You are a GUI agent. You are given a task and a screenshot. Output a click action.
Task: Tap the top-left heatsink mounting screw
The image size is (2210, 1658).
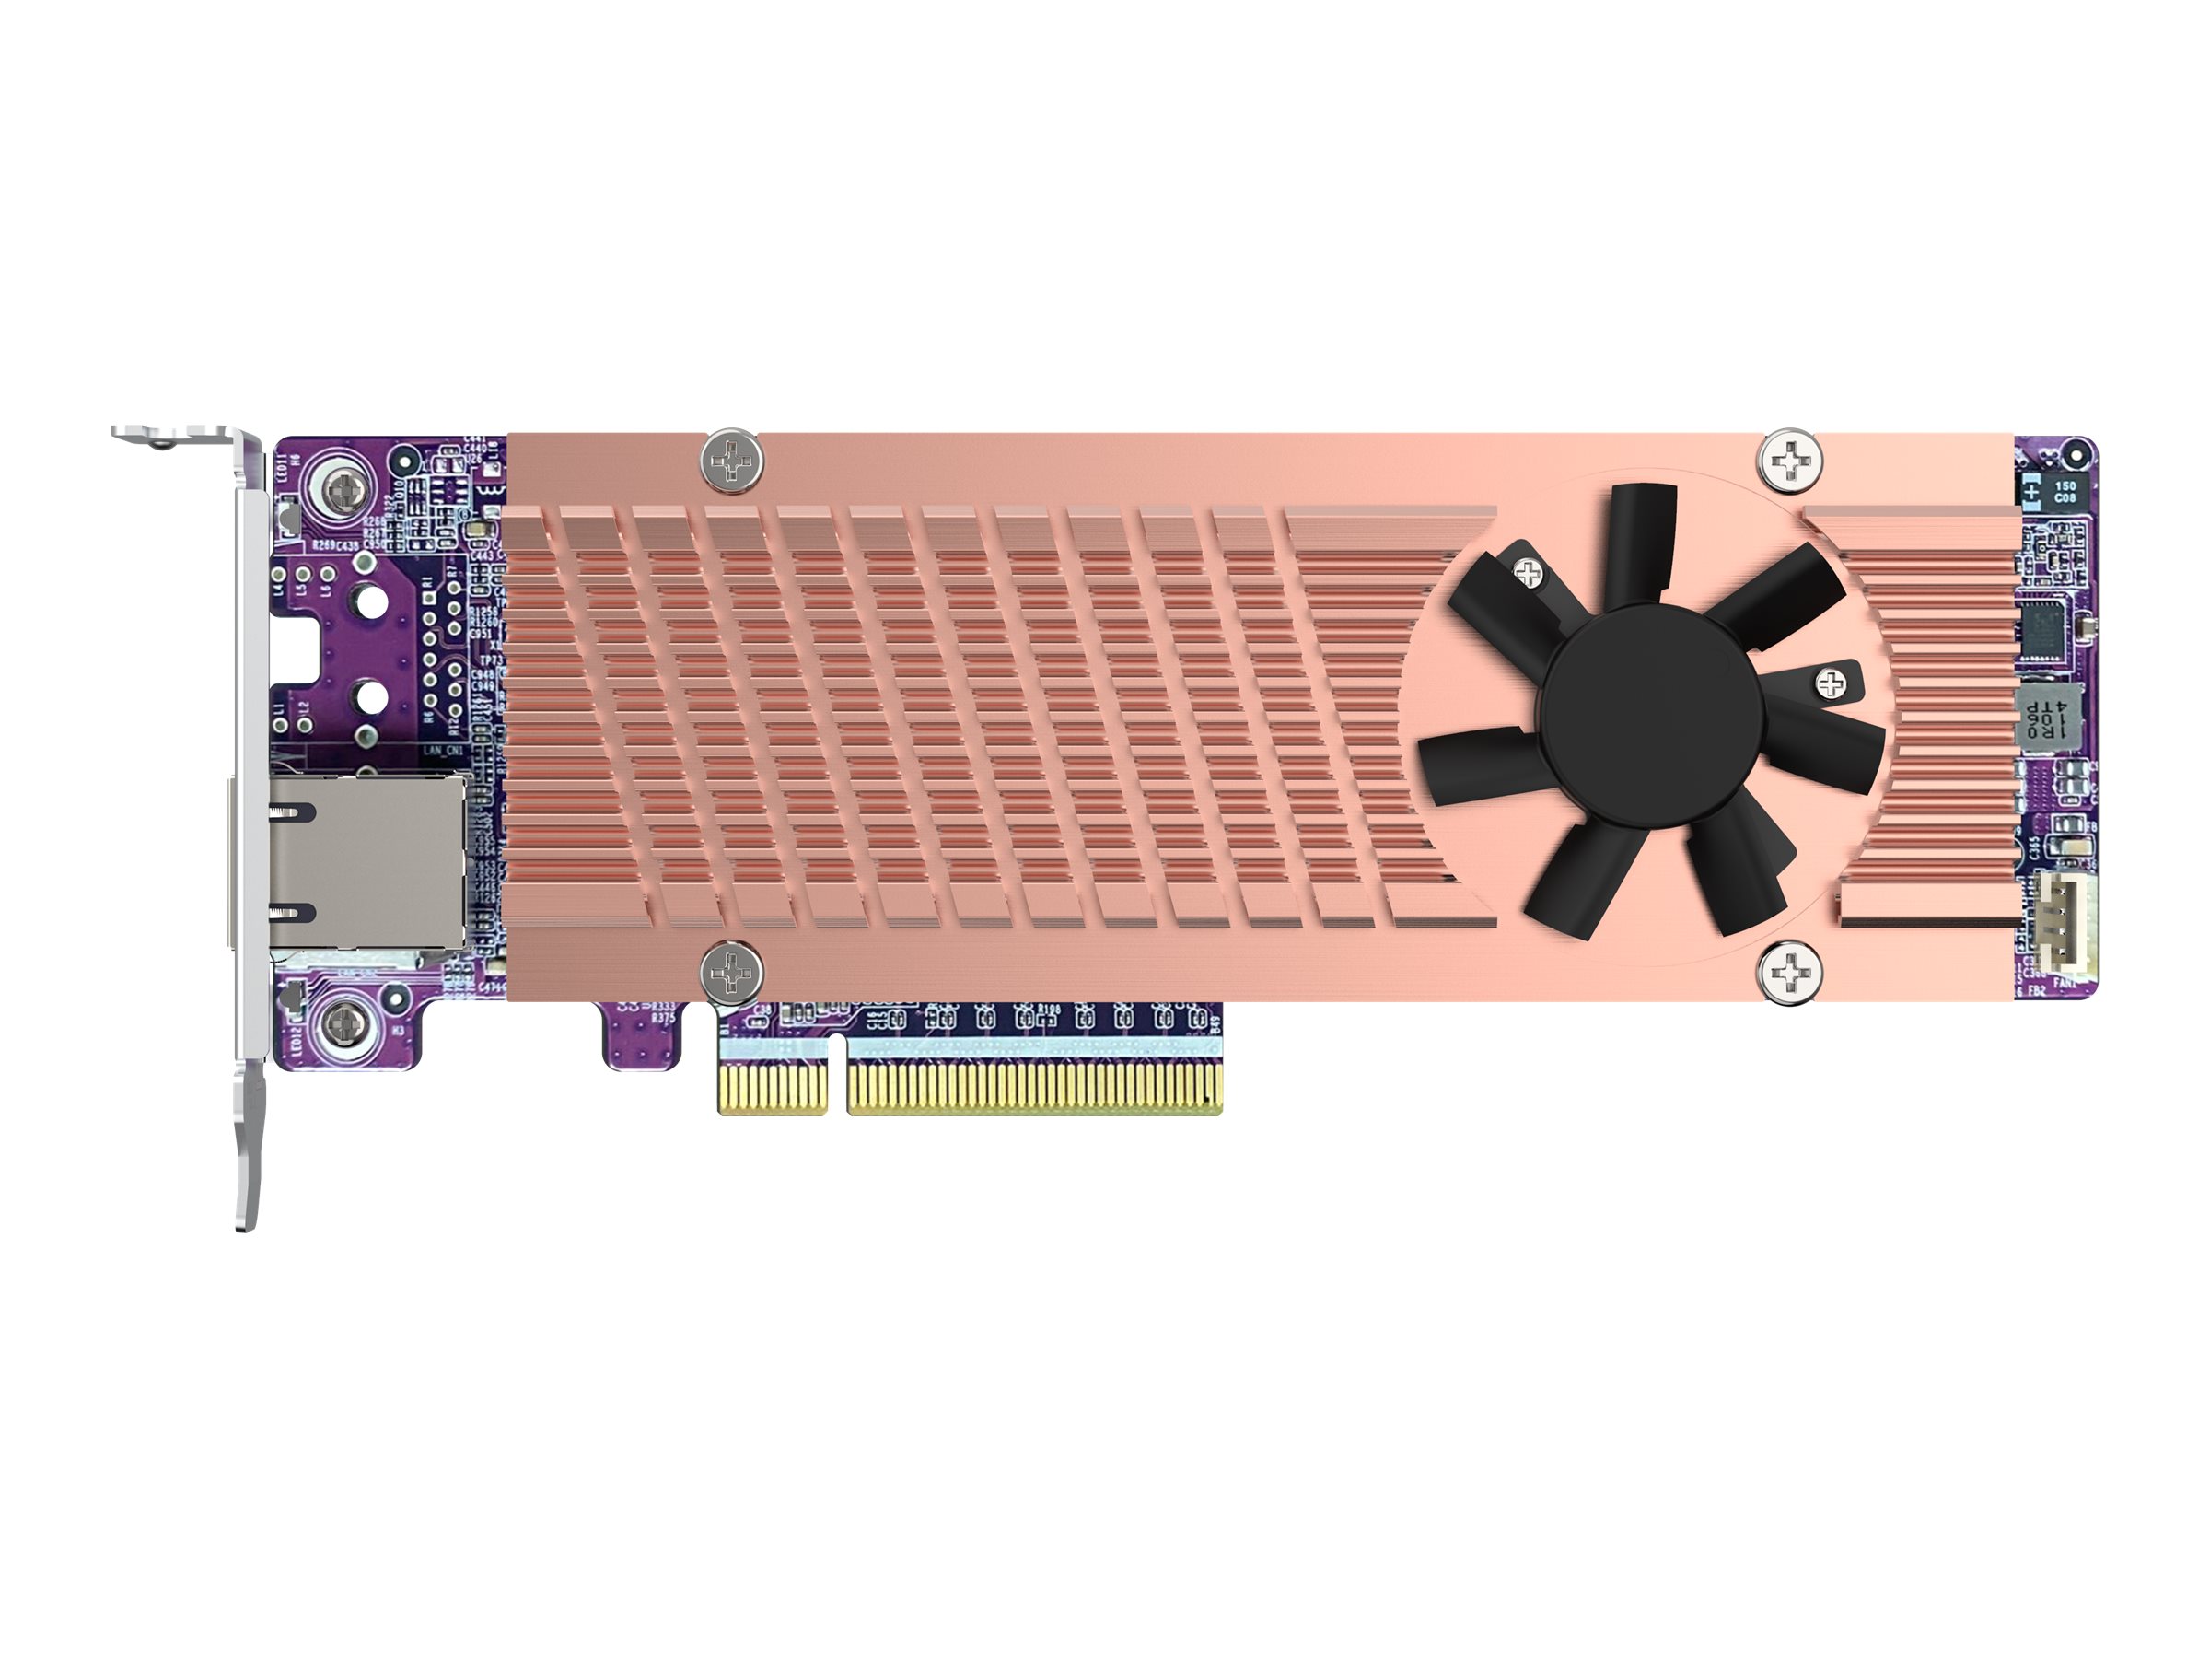click(732, 461)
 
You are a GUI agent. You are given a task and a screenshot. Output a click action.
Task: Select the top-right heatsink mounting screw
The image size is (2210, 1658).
click(1789, 461)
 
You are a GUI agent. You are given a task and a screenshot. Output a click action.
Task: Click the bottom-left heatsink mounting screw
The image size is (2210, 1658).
click(732, 971)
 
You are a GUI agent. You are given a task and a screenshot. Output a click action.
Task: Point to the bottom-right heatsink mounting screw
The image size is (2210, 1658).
click(1789, 971)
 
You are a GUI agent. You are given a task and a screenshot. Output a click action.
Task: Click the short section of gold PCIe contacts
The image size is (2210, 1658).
click(773, 1091)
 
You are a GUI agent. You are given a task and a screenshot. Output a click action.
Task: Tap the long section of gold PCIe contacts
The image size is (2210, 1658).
click(1034, 1091)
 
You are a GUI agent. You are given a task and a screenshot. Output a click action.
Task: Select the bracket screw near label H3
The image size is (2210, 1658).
click(343, 1022)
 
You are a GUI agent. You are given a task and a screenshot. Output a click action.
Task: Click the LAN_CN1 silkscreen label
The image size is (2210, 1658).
click(444, 749)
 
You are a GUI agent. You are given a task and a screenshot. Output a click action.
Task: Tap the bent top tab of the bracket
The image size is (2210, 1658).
click(180, 437)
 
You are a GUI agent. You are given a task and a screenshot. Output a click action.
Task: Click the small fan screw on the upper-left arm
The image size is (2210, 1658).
click(1528, 573)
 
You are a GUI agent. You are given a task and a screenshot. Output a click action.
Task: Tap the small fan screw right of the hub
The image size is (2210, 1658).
click(1830, 683)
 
